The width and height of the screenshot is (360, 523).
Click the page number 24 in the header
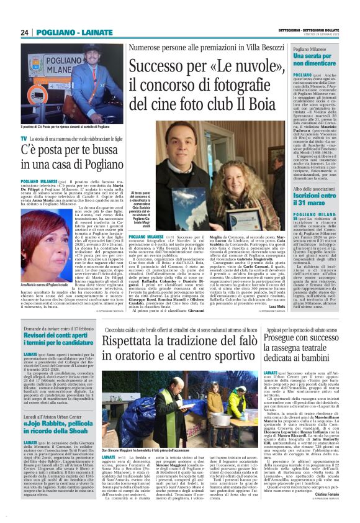pos(25,32)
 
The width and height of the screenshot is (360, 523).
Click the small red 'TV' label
pos(24,138)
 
